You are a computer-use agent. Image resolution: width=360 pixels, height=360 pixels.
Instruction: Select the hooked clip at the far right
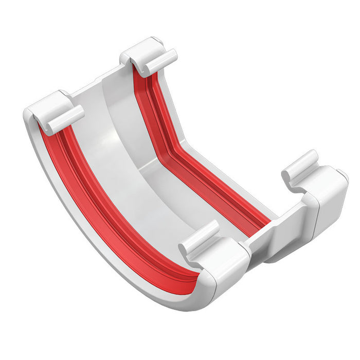pos(303,167)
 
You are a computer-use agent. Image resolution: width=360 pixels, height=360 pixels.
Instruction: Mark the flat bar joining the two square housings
pos(278,237)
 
